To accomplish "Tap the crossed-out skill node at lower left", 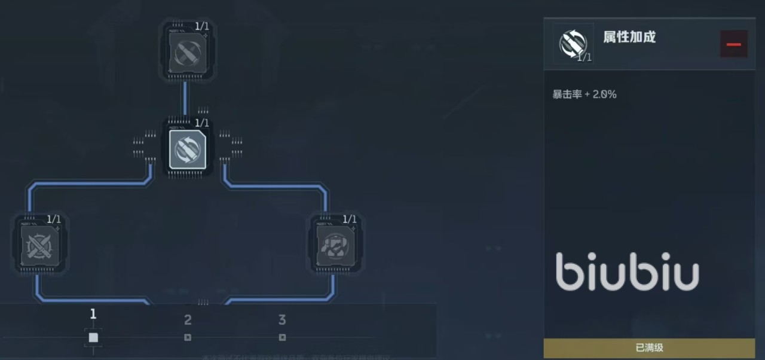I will click(x=39, y=245).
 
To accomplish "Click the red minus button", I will click(x=734, y=44).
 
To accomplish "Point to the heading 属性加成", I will click(x=629, y=37).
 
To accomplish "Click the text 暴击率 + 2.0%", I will click(x=585, y=94).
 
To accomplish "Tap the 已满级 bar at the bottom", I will click(x=649, y=347).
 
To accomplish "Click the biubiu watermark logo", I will click(x=627, y=272).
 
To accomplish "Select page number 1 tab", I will click(x=93, y=315).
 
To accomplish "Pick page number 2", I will click(x=188, y=320).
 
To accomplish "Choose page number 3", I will click(x=282, y=320).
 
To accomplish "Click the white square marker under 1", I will click(x=93, y=338).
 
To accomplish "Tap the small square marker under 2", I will click(x=188, y=338).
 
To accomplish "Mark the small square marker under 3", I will click(x=282, y=338).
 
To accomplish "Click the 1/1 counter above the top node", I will click(x=202, y=26).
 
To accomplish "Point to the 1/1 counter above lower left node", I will click(x=54, y=219).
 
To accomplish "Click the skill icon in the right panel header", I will click(x=573, y=44).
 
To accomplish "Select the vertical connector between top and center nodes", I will click(x=185, y=99).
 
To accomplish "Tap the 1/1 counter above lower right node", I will click(x=350, y=219).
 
